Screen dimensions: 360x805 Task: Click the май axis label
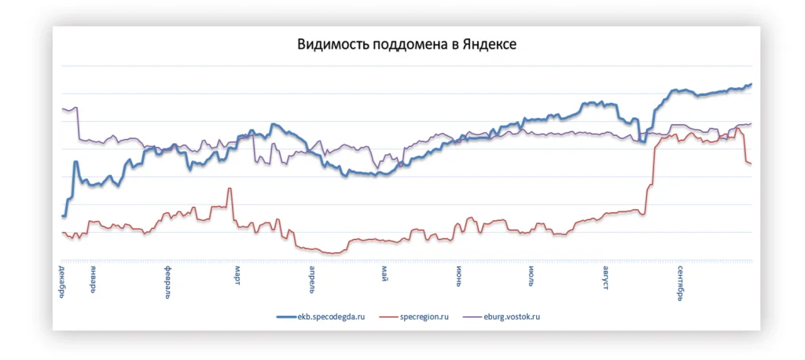[x=385, y=272]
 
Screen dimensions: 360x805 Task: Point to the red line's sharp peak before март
[x=230, y=189]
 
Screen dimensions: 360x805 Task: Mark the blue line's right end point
[x=751, y=84]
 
